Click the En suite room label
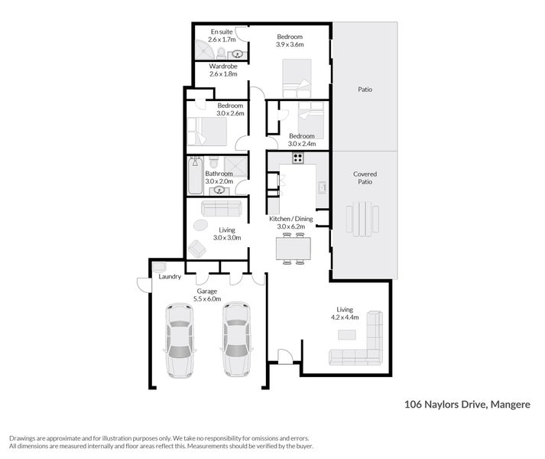(222, 31)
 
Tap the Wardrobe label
(223, 66)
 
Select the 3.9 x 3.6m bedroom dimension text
(290, 44)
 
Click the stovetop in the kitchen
(298, 158)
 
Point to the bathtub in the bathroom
(195, 175)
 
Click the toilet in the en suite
(221, 54)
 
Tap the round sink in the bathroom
(219, 190)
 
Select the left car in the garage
(180, 340)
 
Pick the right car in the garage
(237, 340)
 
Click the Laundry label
(170, 277)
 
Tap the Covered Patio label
(365, 177)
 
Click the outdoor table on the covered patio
(362, 219)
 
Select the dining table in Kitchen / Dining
(294, 249)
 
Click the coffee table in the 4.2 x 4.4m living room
(347, 335)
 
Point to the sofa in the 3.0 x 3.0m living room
(222, 208)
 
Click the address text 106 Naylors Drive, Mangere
(468, 405)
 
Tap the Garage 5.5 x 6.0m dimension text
(207, 299)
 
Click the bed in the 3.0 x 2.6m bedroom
(207, 132)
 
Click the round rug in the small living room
(200, 225)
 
